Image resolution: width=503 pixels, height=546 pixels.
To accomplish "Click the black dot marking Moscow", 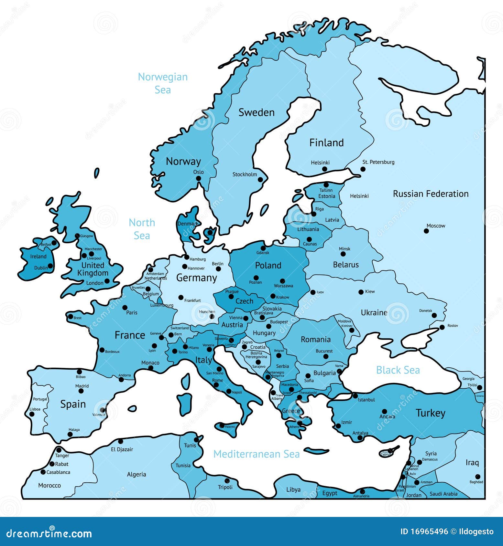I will [x=426, y=231].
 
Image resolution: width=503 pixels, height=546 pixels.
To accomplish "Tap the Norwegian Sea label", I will [x=163, y=83].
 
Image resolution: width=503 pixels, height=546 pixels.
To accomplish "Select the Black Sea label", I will [x=398, y=370].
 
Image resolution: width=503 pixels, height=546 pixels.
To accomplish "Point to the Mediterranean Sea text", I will [x=256, y=454].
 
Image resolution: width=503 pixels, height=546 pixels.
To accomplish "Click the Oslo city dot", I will [x=199, y=178].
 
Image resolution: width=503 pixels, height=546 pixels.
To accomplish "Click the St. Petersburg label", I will [x=378, y=162].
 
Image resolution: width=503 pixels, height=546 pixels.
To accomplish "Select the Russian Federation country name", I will [x=431, y=194].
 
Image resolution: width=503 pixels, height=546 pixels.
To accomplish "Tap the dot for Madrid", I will [x=81, y=391].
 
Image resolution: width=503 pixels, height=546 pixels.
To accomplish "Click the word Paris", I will [x=132, y=312].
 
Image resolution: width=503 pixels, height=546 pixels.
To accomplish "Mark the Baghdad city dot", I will [x=478, y=477].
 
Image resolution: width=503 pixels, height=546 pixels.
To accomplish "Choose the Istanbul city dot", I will [x=355, y=396].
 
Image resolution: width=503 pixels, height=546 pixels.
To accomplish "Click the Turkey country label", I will [x=430, y=413].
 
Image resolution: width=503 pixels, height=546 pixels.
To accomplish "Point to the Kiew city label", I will [x=370, y=291].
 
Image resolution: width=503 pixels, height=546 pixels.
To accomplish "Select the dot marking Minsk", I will [x=343, y=254].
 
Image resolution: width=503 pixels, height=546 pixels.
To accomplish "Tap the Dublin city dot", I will [x=50, y=266].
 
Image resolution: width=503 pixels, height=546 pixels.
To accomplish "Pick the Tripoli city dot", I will [x=227, y=481].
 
